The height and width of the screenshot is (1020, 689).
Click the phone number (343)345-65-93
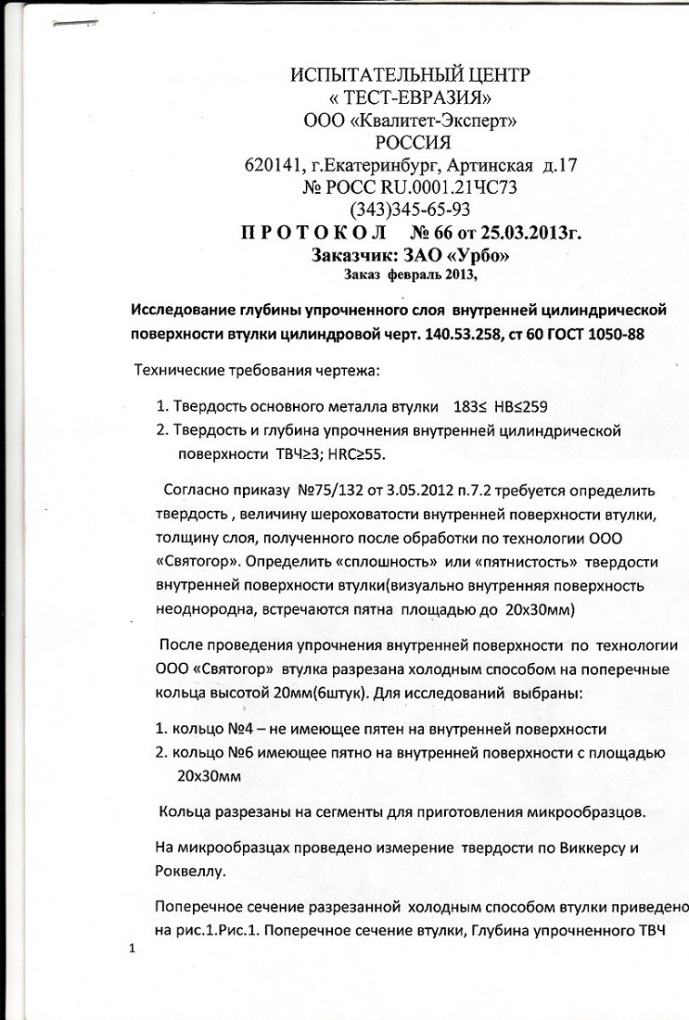[410, 209]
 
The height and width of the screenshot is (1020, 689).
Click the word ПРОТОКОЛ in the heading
[305, 232]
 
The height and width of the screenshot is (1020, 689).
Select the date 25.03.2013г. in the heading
[529, 232]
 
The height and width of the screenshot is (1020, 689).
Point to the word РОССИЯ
[412, 143]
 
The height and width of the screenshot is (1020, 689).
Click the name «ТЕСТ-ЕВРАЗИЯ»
[411, 97]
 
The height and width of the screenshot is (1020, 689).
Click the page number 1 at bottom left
[134, 948]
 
